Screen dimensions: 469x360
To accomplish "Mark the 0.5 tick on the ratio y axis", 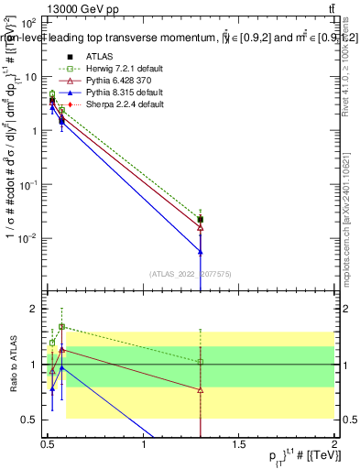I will (33, 420).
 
